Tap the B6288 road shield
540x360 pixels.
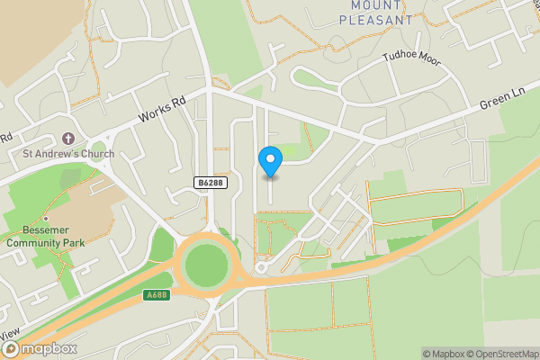tap(210, 182)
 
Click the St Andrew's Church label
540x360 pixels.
tap(68, 154)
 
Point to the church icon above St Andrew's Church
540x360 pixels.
tap(68, 139)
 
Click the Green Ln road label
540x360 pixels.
tap(501, 103)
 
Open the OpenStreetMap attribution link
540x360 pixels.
tap(501, 354)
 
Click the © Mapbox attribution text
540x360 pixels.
tap(444, 354)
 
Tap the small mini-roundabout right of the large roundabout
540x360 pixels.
tap(262, 267)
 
